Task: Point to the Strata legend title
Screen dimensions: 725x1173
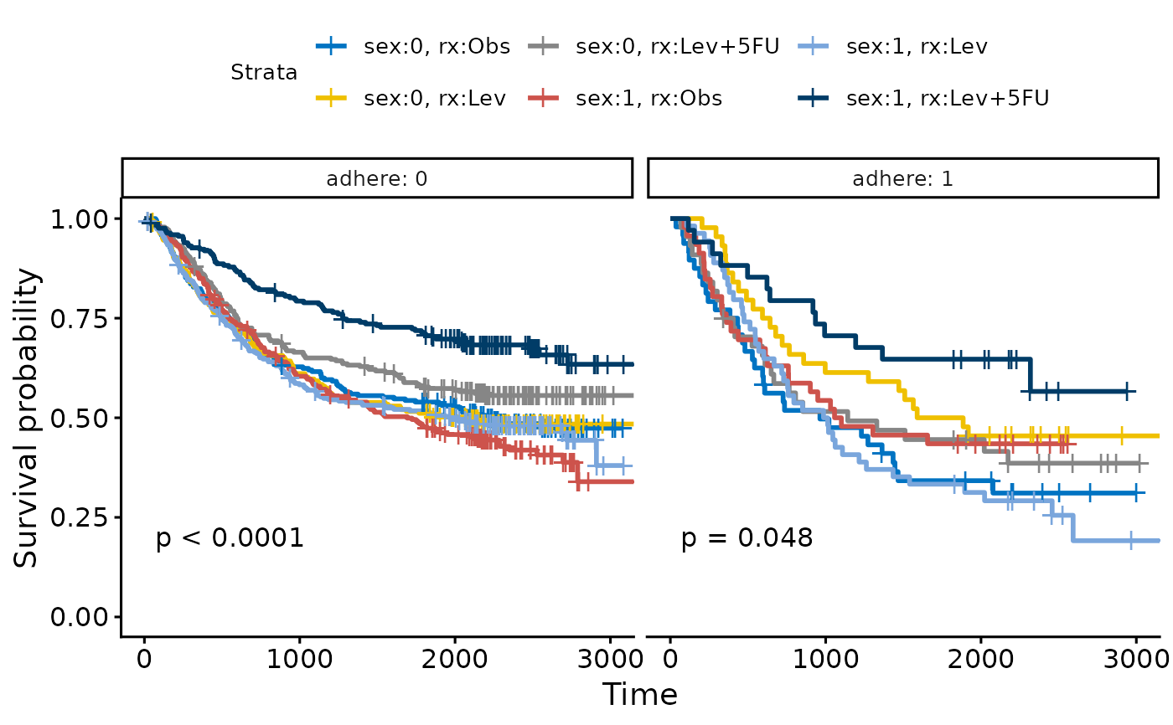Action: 264,73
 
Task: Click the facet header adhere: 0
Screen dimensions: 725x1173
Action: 376,178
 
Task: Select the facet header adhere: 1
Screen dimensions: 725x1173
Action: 902,178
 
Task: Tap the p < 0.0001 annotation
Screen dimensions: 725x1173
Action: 230,538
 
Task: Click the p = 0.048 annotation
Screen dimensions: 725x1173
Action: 747,538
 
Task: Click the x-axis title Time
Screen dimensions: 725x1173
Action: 640,695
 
